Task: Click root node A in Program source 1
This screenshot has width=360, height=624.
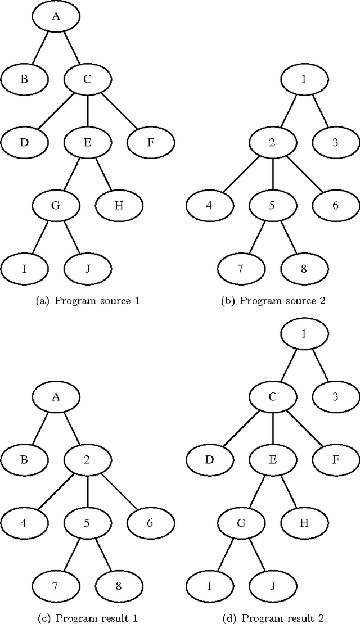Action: (56, 16)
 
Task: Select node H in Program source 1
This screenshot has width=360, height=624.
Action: (119, 205)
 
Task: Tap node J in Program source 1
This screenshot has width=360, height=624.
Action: (87, 268)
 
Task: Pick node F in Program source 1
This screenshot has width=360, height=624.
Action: (150, 142)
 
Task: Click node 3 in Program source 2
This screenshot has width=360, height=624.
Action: (335, 142)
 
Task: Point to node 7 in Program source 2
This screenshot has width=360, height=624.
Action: (240, 268)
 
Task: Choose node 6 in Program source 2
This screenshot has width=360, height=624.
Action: (335, 205)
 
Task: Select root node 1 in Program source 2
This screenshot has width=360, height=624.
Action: (304, 79)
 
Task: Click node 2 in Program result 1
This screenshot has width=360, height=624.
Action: (87, 460)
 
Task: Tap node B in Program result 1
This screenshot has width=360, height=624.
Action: (24, 460)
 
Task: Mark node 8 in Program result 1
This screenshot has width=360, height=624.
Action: (119, 586)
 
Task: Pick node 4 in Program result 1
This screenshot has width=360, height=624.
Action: (24, 523)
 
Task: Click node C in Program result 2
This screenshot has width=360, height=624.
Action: (272, 397)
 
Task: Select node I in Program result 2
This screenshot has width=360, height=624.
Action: (209, 586)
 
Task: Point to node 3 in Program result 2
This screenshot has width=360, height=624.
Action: (335, 397)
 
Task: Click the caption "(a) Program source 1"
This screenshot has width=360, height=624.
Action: (87, 301)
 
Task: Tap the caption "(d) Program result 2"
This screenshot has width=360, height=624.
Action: (272, 618)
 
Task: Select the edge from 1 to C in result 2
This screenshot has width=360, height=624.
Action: (288, 365)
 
